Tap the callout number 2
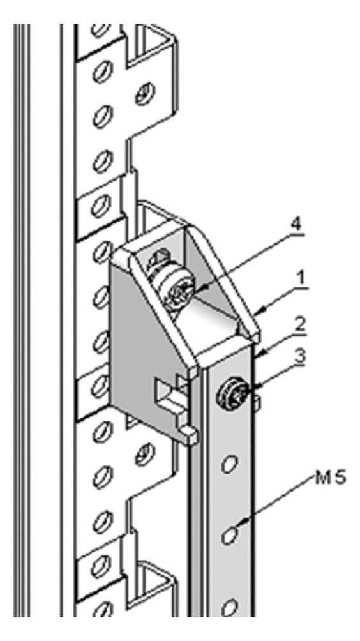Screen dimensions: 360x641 pyautogui.click(x=301, y=326)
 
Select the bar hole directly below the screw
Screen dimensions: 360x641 pyautogui.click(x=230, y=463)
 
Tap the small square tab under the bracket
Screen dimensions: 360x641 pyautogui.click(x=189, y=434)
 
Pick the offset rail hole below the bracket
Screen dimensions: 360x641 pyautogui.click(x=145, y=454)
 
